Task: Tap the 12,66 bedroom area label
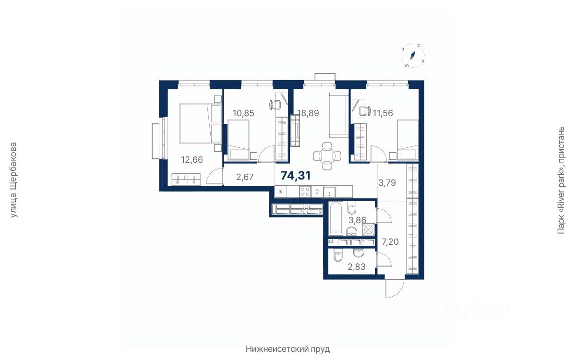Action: pos(192,160)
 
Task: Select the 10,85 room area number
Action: pos(243,113)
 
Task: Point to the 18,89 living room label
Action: pos(308,113)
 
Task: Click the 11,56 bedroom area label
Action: pos(383,113)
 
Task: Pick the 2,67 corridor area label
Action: pos(245,177)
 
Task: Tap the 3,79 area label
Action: pos(387,183)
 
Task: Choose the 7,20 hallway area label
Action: pos(390,242)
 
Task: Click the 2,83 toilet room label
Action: pos(357,267)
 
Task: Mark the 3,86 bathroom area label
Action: pos(357,220)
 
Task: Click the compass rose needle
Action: pos(413,56)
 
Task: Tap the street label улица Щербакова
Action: pos(13,180)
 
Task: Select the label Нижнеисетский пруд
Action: pos(288,349)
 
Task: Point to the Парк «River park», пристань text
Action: pos(561,180)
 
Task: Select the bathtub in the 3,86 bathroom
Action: pos(336,219)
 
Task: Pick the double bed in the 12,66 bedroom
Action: pos(200,123)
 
